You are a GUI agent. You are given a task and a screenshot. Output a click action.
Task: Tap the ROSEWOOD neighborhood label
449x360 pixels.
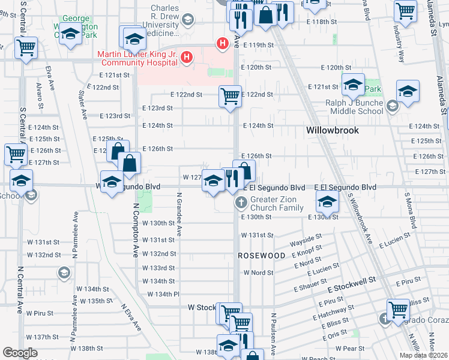pyautogui.click(x=262, y=256)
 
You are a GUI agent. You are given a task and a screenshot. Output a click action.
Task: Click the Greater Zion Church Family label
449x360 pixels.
pyautogui.click(x=277, y=203)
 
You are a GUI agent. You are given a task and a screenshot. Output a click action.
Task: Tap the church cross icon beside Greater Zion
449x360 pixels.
pyautogui.click(x=241, y=202)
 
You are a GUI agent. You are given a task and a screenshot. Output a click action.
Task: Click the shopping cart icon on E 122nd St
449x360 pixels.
pyautogui.click(x=230, y=95)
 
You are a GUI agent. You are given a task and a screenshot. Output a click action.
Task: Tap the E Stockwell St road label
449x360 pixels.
pyautogui.click(x=351, y=280)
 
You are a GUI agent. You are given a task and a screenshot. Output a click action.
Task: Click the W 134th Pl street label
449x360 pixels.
pyautogui.click(x=163, y=294)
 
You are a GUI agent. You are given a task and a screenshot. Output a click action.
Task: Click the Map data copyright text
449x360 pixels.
pyautogui.click(x=424, y=355)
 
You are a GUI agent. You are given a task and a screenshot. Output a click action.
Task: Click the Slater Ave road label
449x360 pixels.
pyautogui.click(x=83, y=104)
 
